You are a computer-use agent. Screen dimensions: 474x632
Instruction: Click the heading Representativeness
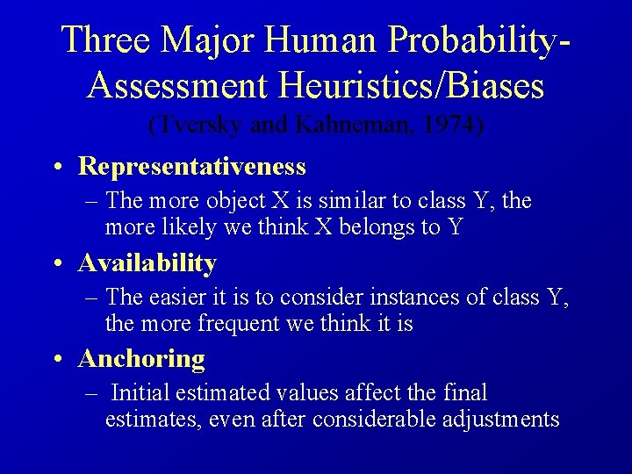point(191,166)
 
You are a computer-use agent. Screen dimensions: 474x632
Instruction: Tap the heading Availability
point(147,262)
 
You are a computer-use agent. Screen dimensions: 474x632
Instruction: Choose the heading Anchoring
point(141,358)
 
